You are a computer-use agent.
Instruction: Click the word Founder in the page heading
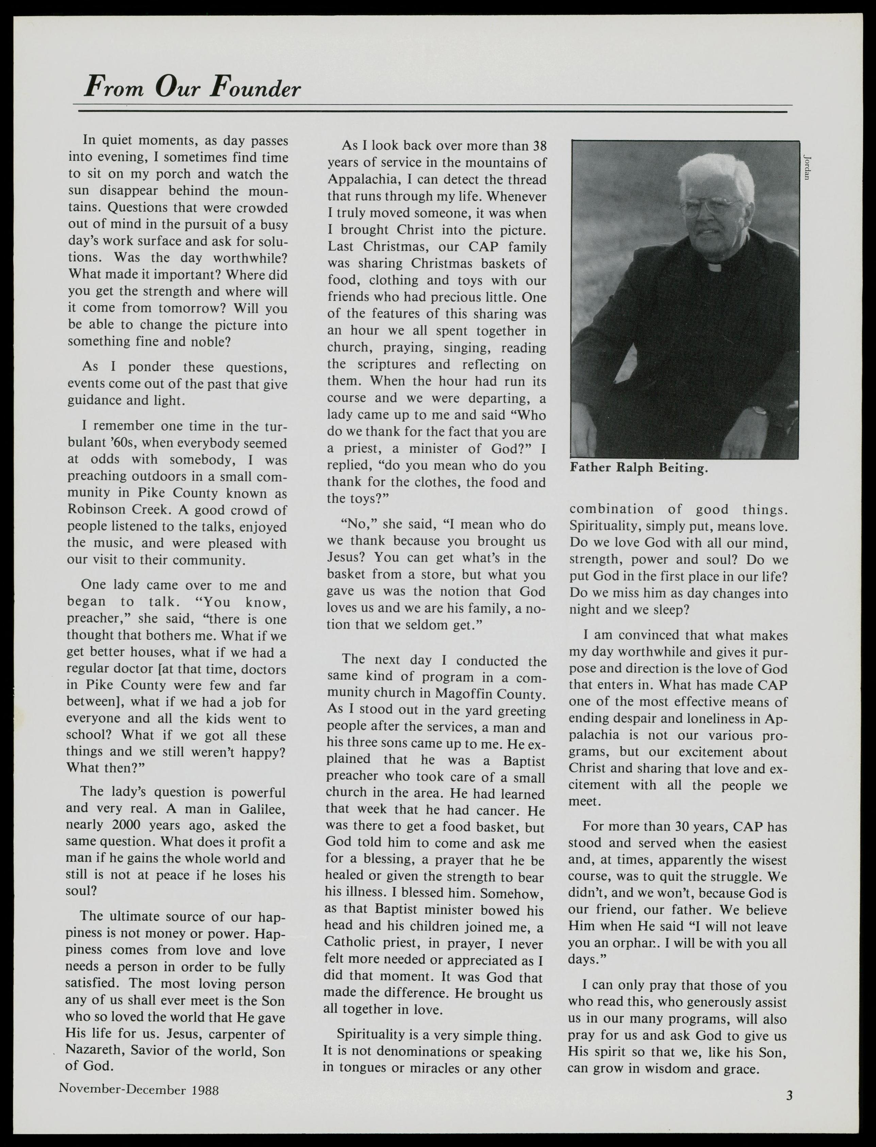pos(255,87)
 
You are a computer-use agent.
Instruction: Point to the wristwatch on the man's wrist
pos(759,412)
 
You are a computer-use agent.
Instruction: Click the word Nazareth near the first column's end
pos(92,1049)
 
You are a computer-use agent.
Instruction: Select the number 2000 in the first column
pos(127,826)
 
